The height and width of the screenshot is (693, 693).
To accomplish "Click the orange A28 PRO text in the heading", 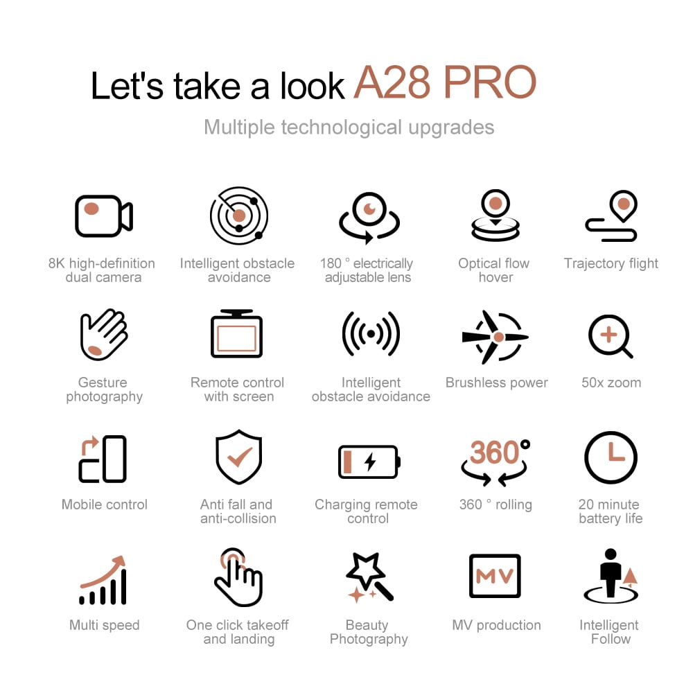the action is click(x=445, y=82).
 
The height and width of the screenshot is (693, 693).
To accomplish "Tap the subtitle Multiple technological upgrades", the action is click(x=349, y=128).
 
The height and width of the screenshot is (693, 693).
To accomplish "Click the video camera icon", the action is click(x=104, y=216).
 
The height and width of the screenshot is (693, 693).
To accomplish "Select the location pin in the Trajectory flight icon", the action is click(x=624, y=206).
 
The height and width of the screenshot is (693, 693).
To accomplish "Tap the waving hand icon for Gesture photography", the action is click(x=104, y=335).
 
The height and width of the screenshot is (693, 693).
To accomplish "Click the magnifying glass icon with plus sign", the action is click(x=611, y=337).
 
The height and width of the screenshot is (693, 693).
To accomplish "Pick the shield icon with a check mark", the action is click(x=238, y=457).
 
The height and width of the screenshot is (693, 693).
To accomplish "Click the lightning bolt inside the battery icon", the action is click(x=370, y=462).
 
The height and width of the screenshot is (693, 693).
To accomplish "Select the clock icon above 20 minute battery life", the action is click(x=611, y=457).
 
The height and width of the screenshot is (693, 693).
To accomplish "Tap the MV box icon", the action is click(x=495, y=575).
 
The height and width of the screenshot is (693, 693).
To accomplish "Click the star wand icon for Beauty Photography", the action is click(x=369, y=577).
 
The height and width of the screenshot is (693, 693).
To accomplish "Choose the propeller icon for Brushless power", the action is click(x=495, y=337).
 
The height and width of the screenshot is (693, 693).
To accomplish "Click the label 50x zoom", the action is click(x=611, y=383).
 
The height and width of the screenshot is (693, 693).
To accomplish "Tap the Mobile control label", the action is click(x=105, y=505).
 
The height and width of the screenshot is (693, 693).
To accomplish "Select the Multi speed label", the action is click(x=105, y=625).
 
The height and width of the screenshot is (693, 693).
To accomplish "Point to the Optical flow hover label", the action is click(x=494, y=270).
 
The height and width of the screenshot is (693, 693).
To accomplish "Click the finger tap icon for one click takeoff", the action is click(x=238, y=577).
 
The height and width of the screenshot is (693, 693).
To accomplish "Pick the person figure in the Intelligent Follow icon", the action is click(x=611, y=573).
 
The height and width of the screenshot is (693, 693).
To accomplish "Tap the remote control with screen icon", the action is click(x=237, y=334).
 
